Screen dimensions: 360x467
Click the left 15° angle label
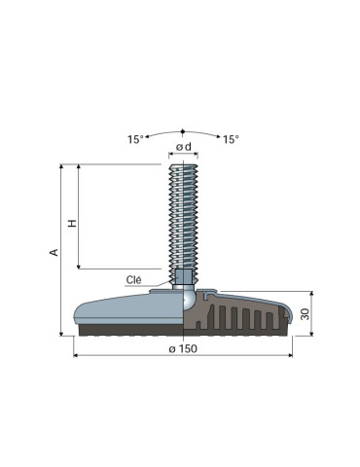[x=135, y=139]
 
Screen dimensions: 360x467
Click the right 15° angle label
[x=231, y=139]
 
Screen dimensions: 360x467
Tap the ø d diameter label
[x=184, y=147]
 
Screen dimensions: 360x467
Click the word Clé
[x=133, y=279]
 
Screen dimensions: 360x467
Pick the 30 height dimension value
[x=306, y=313]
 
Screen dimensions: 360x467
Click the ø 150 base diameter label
[x=183, y=348]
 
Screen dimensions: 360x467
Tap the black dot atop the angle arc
[x=183, y=131]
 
